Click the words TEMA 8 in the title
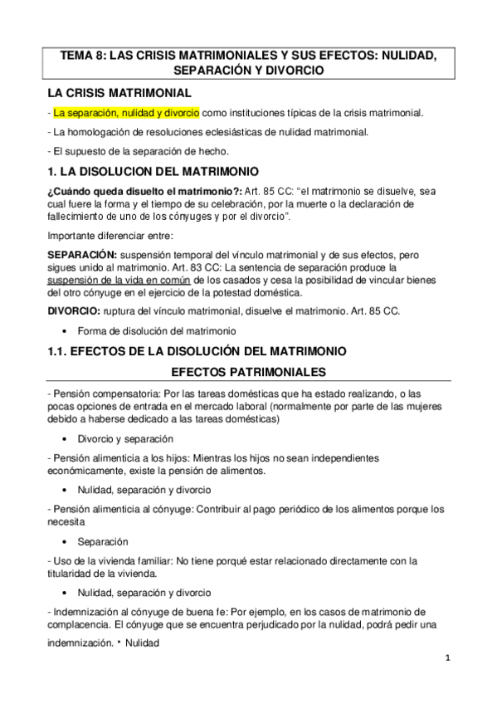85,56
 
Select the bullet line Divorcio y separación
125,438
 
